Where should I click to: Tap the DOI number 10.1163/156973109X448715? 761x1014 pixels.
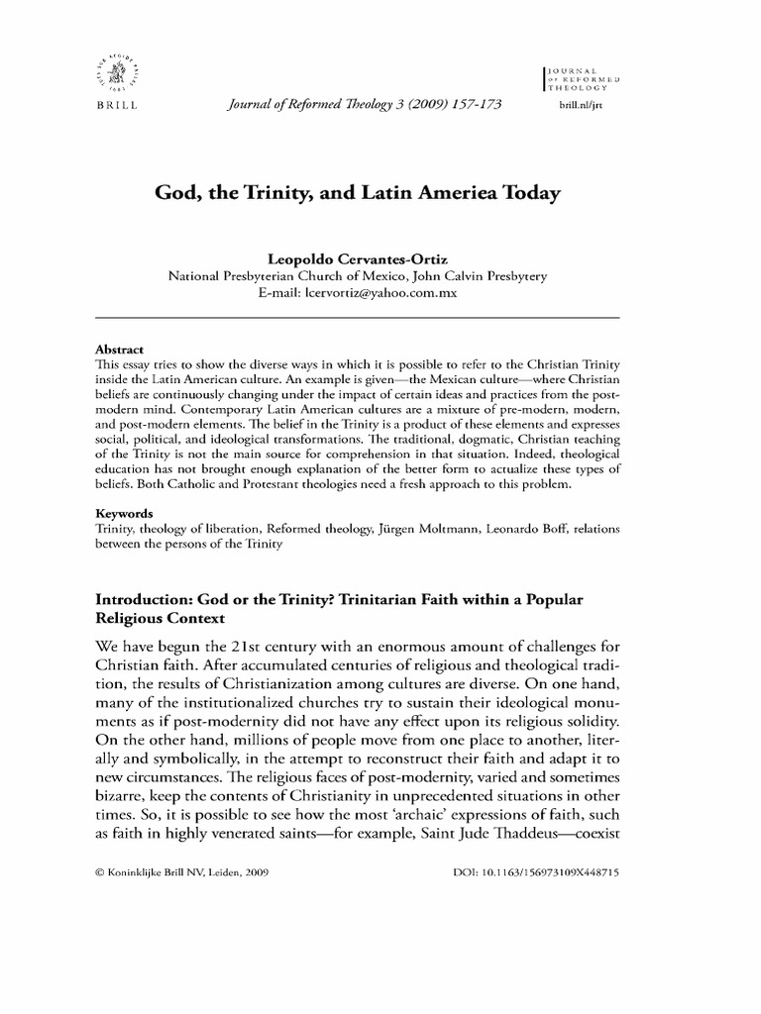click(567, 875)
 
